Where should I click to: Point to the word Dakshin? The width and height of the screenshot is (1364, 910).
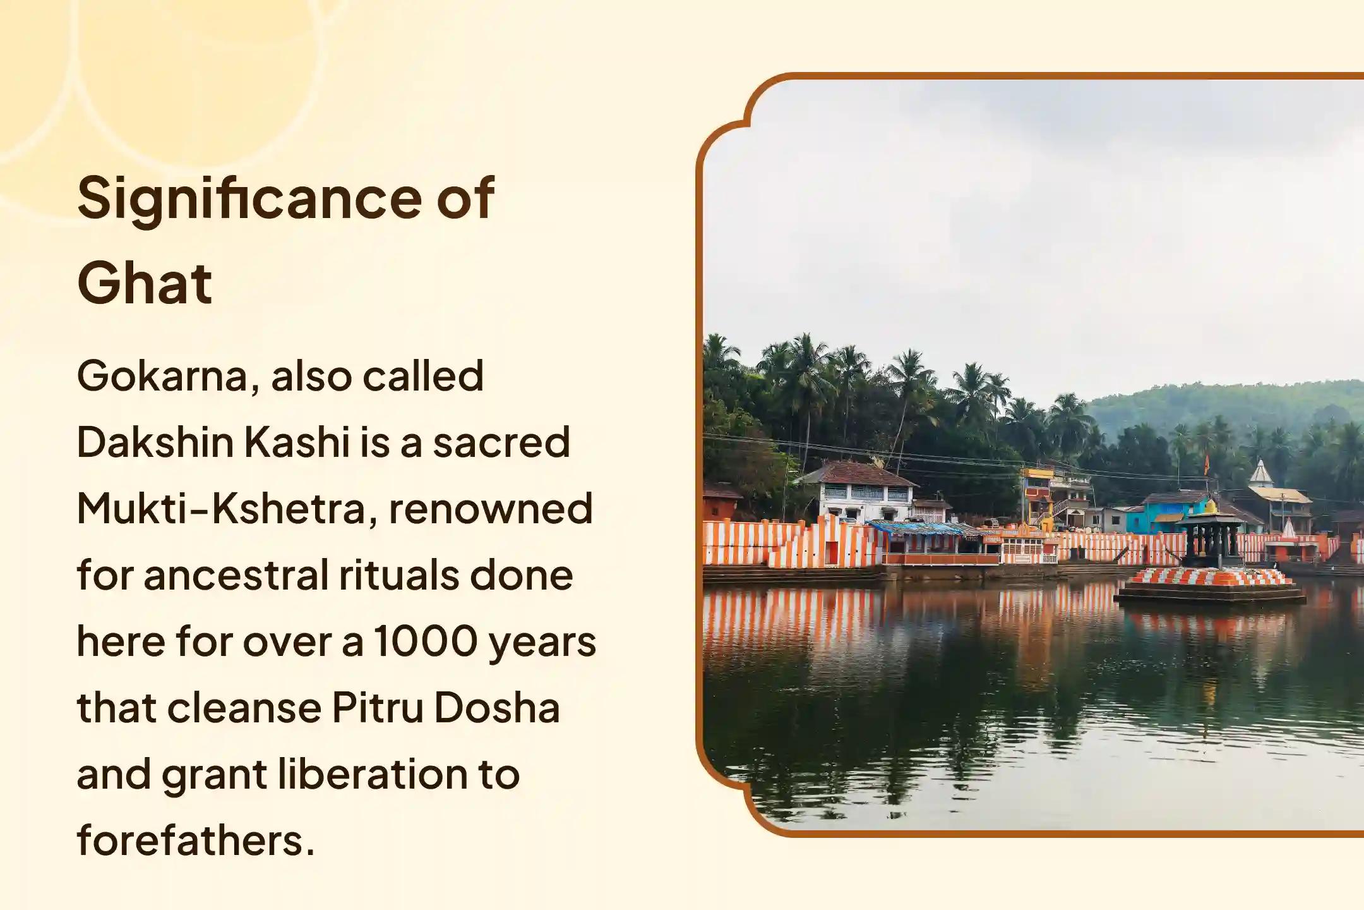pos(155,442)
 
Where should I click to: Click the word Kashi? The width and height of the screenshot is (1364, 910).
pos(297,442)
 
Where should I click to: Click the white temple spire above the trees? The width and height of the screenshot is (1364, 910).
pos(1260,473)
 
